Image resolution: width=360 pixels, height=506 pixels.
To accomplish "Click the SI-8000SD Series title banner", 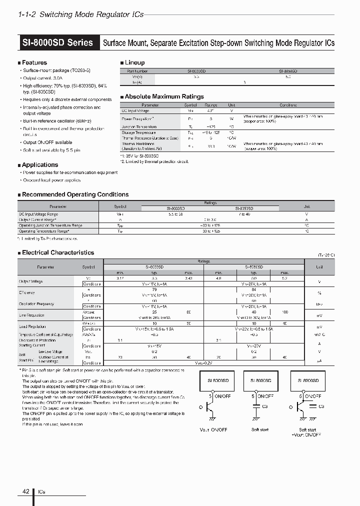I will point(58,43).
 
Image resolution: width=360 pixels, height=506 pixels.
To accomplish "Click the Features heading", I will point(34,62).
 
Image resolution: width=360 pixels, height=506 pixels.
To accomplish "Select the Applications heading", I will point(39,164).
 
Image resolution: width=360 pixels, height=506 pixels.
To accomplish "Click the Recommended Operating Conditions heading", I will point(75,194).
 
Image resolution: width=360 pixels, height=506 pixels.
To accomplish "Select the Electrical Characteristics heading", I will point(57,253).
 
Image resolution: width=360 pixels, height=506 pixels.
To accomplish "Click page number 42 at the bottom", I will point(25,491).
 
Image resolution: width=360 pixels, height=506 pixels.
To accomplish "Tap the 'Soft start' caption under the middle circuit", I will point(259,429).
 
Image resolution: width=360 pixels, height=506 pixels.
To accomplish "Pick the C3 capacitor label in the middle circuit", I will point(265,406).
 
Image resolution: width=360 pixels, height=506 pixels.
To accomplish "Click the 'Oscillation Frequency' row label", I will point(36,304).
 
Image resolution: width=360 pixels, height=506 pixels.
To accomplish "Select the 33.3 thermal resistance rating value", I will point(211,147).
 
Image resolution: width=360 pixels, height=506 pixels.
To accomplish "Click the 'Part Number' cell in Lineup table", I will point(137,71).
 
